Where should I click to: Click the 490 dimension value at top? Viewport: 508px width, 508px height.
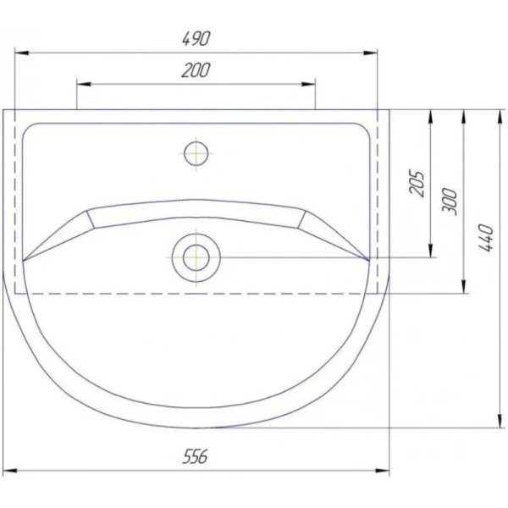point(196,39)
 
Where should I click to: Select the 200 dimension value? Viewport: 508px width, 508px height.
point(196,71)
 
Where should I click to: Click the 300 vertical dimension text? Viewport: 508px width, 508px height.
point(450,201)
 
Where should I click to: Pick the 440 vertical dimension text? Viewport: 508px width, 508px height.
point(484,240)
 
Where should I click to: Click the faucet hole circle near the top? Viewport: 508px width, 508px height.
point(196,153)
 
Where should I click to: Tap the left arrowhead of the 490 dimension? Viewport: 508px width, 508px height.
point(21,53)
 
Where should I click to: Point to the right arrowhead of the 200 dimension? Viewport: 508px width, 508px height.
point(310,84)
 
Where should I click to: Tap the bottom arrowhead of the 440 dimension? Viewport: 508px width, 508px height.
point(497,422)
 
